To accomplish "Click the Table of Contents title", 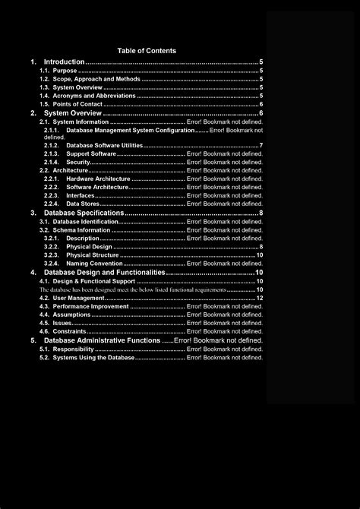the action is point(152,50).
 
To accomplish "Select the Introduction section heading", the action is point(65,62).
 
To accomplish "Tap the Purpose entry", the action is point(65,71).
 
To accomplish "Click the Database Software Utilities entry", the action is point(104,145).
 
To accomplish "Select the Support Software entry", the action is point(91,153).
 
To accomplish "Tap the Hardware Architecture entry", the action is point(98,179).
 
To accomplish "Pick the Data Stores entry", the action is point(82,204).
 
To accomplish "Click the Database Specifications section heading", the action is point(84,213).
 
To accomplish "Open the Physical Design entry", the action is point(89,246).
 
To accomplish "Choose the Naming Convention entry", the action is point(94,263).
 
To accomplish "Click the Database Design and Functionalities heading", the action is point(104,272).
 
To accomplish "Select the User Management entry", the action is point(79,298).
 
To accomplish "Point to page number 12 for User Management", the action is point(260,298).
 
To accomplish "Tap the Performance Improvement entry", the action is point(91,306).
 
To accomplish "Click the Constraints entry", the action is point(69,331).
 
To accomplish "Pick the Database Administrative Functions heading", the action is point(102,340).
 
